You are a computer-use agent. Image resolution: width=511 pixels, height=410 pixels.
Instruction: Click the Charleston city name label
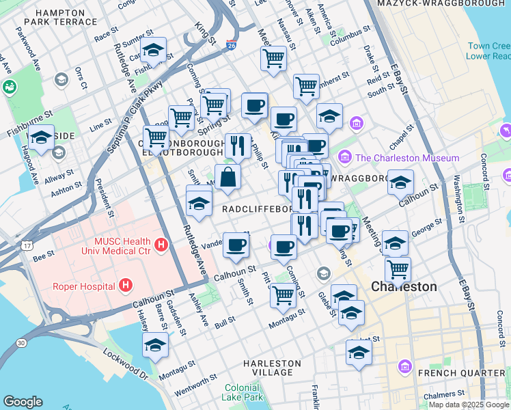[404, 286]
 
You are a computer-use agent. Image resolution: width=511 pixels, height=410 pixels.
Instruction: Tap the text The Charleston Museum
[407, 158]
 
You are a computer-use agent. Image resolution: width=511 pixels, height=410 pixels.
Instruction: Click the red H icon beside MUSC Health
[161, 244]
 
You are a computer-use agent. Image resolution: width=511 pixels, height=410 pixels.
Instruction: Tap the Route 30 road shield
[21, 342]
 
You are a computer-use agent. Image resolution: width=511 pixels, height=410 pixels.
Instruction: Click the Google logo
[23, 402]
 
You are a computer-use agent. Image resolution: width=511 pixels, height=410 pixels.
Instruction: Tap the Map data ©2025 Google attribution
[469, 405]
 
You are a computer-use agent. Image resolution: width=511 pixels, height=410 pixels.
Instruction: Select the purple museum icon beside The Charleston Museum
[345, 158]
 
